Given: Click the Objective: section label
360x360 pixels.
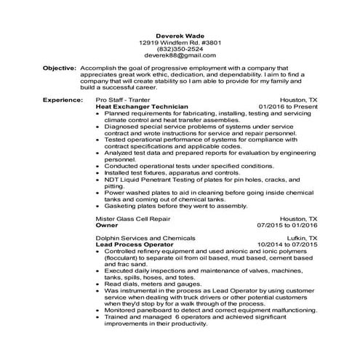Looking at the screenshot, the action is pyautogui.click(x=60, y=67).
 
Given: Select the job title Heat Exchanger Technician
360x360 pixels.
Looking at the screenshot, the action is pyautogui.click(x=137, y=105).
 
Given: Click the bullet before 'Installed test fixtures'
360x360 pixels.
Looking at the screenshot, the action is pyautogui.click(x=99, y=172).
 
